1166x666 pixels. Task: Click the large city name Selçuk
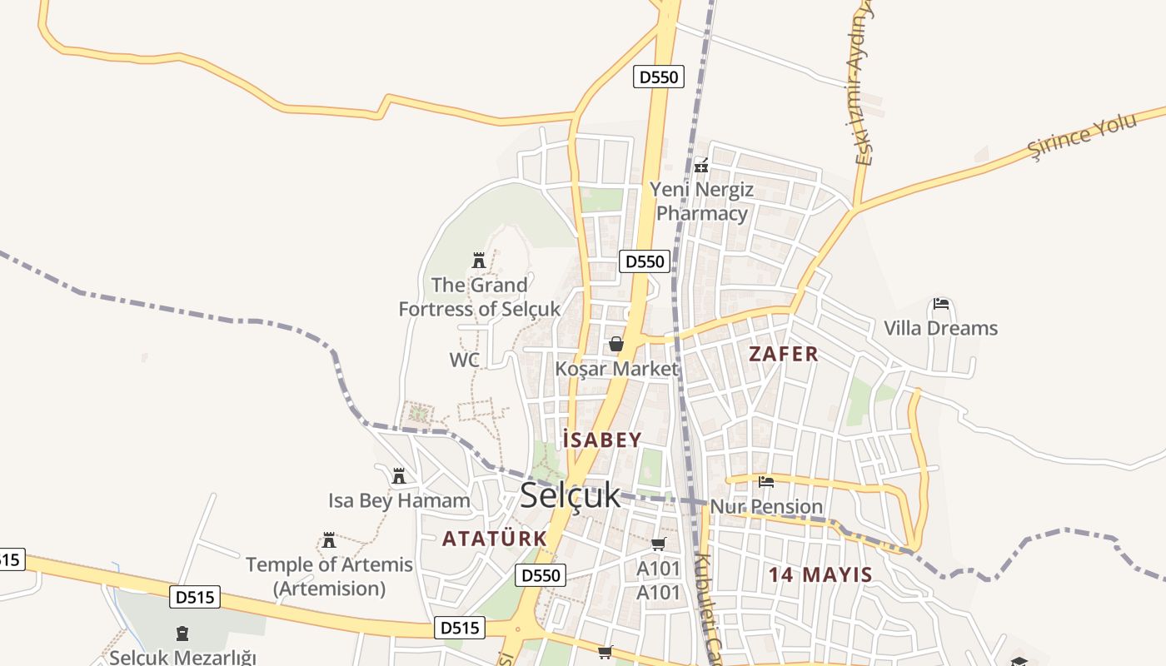571,495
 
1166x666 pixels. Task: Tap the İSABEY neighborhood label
602,440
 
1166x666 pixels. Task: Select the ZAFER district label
784,354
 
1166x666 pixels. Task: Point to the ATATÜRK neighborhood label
495,539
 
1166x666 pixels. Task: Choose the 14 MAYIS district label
820,574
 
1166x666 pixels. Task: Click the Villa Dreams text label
940,328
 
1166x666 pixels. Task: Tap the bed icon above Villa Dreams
941,304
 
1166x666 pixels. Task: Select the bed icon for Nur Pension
766,481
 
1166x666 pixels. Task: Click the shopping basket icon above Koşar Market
616,344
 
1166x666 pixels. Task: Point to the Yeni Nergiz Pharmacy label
702,201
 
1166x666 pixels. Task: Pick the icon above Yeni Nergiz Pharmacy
701,166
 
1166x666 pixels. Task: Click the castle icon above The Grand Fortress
479,261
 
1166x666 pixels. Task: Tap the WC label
465,360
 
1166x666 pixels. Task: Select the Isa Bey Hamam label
399,501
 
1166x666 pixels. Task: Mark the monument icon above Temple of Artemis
329,539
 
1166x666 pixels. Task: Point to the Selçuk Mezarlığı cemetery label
182,658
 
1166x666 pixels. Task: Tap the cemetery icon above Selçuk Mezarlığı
182,634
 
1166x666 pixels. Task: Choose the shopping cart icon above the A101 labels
659,544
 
